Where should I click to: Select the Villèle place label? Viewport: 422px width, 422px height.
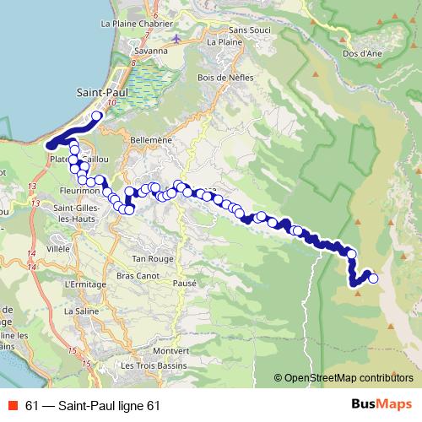pos(59,250)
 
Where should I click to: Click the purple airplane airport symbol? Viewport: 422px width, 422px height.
pos(175,38)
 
